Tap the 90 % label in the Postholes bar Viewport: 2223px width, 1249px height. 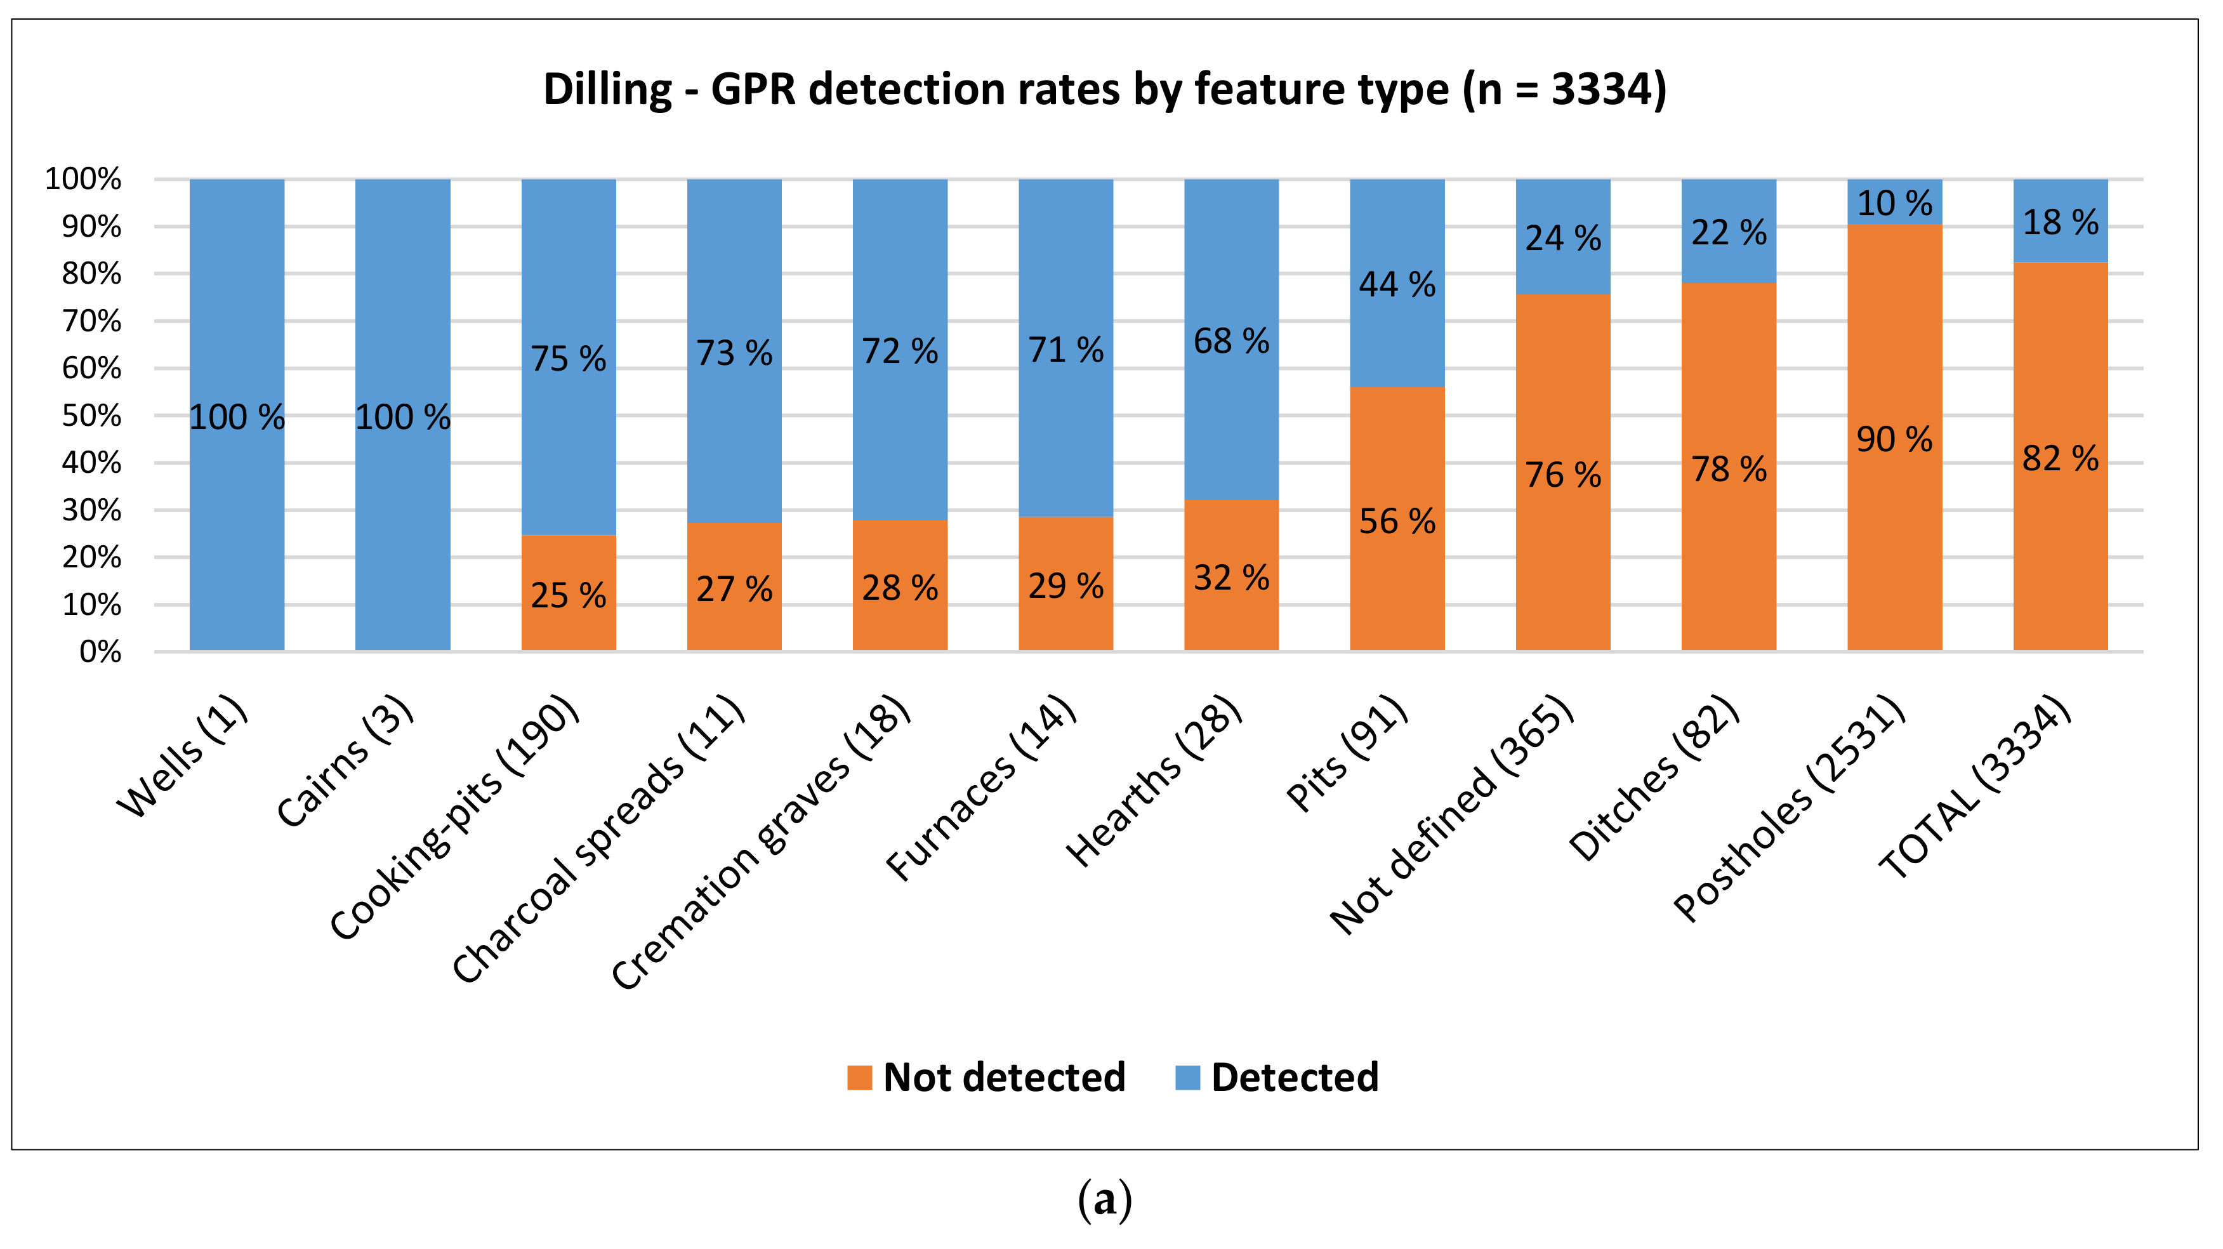[1894, 439]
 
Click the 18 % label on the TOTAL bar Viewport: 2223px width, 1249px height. [2060, 223]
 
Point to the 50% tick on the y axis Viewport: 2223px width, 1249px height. [91, 416]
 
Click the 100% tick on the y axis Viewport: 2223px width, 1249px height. [83, 180]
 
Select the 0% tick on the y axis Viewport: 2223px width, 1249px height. [100, 652]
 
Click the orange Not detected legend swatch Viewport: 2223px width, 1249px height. [859, 1077]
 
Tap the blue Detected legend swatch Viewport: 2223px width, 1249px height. [1187, 1077]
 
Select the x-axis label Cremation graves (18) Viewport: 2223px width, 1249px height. [761, 842]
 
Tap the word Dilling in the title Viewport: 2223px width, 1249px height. [607, 89]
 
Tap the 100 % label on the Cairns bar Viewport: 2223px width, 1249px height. [402, 418]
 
